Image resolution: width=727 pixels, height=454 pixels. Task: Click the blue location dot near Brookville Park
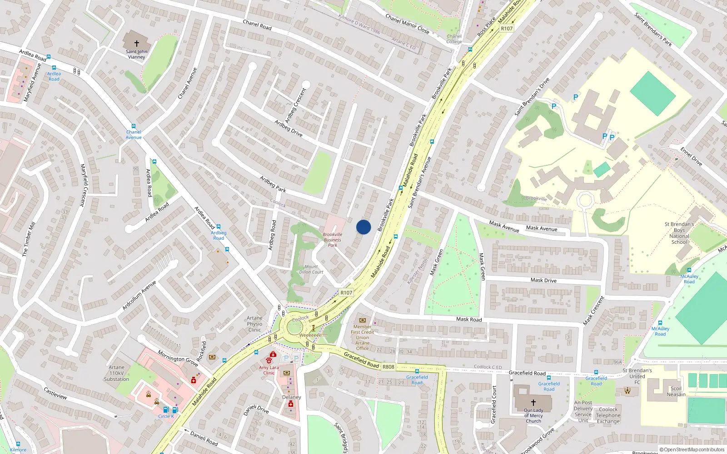point(363,227)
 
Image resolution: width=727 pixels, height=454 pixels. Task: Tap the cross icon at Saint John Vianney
point(136,44)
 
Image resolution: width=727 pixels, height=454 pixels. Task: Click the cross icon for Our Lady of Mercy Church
point(533,402)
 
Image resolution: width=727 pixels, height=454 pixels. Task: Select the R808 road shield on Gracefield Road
point(388,367)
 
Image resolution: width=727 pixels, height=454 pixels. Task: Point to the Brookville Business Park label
point(333,240)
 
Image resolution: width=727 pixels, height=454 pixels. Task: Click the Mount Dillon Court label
point(311,270)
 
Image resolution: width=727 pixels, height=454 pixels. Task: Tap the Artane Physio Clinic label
point(254,324)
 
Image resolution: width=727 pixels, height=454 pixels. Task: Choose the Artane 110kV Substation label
point(116,373)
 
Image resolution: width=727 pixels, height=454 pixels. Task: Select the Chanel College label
point(454,39)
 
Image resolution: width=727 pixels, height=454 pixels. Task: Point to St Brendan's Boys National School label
point(679,233)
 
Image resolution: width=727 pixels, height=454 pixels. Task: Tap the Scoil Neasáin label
point(676,391)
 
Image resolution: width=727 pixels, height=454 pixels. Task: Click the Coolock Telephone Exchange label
point(608,415)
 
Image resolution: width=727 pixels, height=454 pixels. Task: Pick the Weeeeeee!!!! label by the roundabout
point(313,336)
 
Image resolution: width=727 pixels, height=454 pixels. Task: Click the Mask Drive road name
point(543,281)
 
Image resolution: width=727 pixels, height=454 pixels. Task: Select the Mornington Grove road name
point(178,358)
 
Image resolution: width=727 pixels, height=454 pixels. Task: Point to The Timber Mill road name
point(29,239)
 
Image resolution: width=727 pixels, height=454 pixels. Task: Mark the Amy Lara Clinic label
point(269,370)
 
